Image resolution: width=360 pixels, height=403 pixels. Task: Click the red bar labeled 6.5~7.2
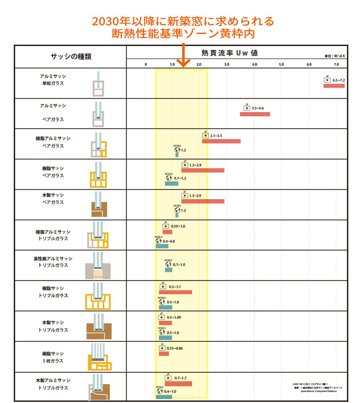pyautogui.click(x=334, y=86)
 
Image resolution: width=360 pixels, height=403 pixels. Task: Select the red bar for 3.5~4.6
pyautogui.click(x=255, y=114)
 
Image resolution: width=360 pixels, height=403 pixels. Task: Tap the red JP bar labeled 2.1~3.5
pyautogui.click(x=221, y=141)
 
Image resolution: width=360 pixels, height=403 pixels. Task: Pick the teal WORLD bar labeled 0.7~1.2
pyautogui.click(x=172, y=183)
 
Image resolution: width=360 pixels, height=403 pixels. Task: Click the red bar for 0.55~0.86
pyautogui.click(x=164, y=354)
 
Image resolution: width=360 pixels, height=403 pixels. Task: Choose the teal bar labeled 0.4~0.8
pyautogui.click(x=162, y=246)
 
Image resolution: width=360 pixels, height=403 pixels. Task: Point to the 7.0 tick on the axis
pyautogui.click(x=336, y=64)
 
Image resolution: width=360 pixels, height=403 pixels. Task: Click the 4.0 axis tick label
pyautogui.click(x=254, y=64)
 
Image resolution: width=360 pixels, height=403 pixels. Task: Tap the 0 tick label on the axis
pyautogui.click(x=146, y=64)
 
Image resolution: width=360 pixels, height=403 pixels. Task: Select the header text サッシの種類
pyautogui.click(x=71, y=56)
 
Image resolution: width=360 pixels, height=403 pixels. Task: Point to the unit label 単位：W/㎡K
pyautogui.click(x=335, y=56)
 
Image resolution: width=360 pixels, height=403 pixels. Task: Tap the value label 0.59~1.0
pyautogui.click(x=178, y=226)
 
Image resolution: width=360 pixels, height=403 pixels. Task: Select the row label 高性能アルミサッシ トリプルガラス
pyautogui.click(x=52, y=262)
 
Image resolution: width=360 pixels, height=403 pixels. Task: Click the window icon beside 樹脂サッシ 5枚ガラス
pyautogui.click(x=99, y=358)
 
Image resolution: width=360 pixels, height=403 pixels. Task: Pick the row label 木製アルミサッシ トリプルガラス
pyautogui.click(x=52, y=384)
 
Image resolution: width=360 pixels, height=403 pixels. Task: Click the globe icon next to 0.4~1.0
pyautogui.click(x=158, y=391)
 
